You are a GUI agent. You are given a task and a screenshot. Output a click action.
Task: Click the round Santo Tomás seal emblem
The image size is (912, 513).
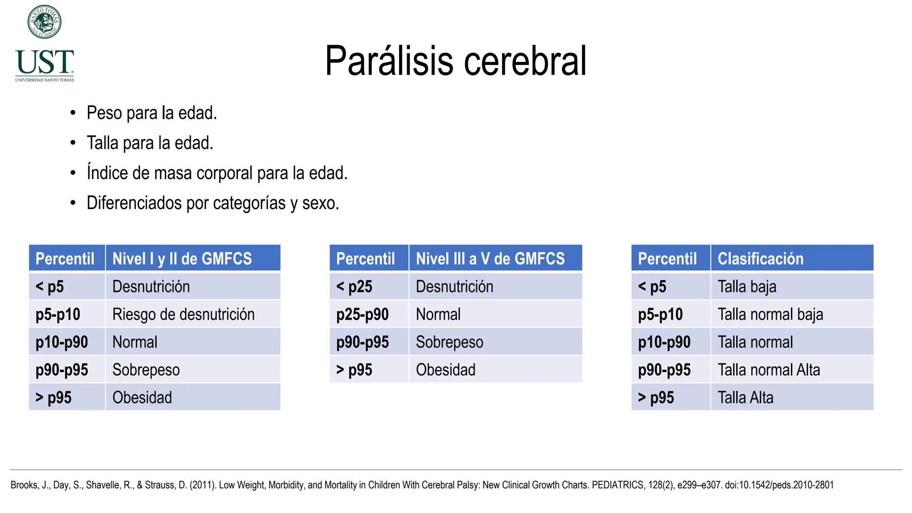pyautogui.click(x=44, y=22)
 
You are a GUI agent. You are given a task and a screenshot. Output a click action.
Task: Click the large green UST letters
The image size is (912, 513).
pyautogui.click(x=45, y=63)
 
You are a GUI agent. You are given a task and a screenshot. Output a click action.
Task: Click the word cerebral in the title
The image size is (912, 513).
pyautogui.click(x=525, y=61)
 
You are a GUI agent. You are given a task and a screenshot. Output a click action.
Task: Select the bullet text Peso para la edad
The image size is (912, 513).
pyautogui.click(x=152, y=113)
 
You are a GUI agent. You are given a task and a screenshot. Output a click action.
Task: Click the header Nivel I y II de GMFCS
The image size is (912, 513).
pyautogui.click(x=182, y=259)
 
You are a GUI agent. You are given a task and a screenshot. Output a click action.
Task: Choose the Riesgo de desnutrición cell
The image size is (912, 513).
pyautogui.click(x=183, y=314)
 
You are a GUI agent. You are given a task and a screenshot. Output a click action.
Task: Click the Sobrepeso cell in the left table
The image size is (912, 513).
pyautogui.click(x=146, y=370)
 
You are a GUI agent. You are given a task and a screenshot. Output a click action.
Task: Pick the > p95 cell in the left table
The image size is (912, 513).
pyautogui.click(x=54, y=398)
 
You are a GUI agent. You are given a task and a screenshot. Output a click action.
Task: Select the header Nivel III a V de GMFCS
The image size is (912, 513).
pyautogui.click(x=490, y=259)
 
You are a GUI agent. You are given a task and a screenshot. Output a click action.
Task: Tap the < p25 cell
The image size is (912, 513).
pyautogui.click(x=354, y=287)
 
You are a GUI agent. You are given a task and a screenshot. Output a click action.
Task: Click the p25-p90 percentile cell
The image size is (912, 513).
pyautogui.click(x=362, y=314)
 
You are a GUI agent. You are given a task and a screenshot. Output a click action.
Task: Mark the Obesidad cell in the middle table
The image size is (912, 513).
pyautogui.click(x=446, y=370)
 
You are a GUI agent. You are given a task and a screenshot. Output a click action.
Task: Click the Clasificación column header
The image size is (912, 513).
pyautogui.click(x=760, y=259)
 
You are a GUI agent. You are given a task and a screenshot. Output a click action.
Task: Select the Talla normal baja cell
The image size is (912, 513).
pyautogui.click(x=770, y=314)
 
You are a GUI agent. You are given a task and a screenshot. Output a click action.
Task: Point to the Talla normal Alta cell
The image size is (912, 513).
pyautogui.click(x=769, y=370)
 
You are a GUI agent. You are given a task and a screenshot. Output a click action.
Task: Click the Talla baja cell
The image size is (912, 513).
pyautogui.click(x=747, y=287)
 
